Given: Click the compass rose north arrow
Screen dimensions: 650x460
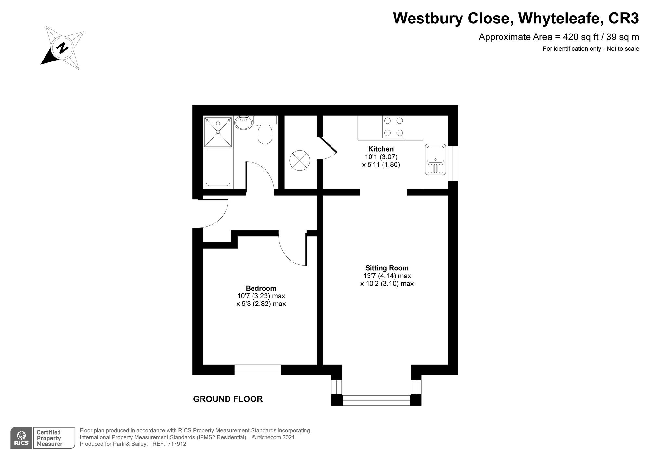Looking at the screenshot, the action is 62,48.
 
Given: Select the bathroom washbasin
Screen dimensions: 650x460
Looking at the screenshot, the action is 243,123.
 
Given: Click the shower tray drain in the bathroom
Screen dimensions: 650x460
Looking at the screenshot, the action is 218,132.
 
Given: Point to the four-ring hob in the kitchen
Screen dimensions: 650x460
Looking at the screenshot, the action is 394,127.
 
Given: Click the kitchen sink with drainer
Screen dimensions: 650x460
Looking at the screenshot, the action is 435,159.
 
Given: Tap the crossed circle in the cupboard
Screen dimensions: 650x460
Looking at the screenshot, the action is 300,160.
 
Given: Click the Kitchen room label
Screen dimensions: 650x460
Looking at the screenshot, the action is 381,149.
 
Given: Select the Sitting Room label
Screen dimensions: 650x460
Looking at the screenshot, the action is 387,268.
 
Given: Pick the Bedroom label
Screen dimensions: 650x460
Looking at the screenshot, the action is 261,288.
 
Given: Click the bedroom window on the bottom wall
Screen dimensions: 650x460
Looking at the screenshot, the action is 258,370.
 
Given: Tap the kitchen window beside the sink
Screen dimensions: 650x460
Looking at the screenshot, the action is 453,163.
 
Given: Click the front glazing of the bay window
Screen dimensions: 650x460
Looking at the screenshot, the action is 376,400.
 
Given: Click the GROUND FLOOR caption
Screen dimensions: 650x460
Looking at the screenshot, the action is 228,399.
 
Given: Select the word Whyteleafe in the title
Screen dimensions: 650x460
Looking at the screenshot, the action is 559,18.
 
